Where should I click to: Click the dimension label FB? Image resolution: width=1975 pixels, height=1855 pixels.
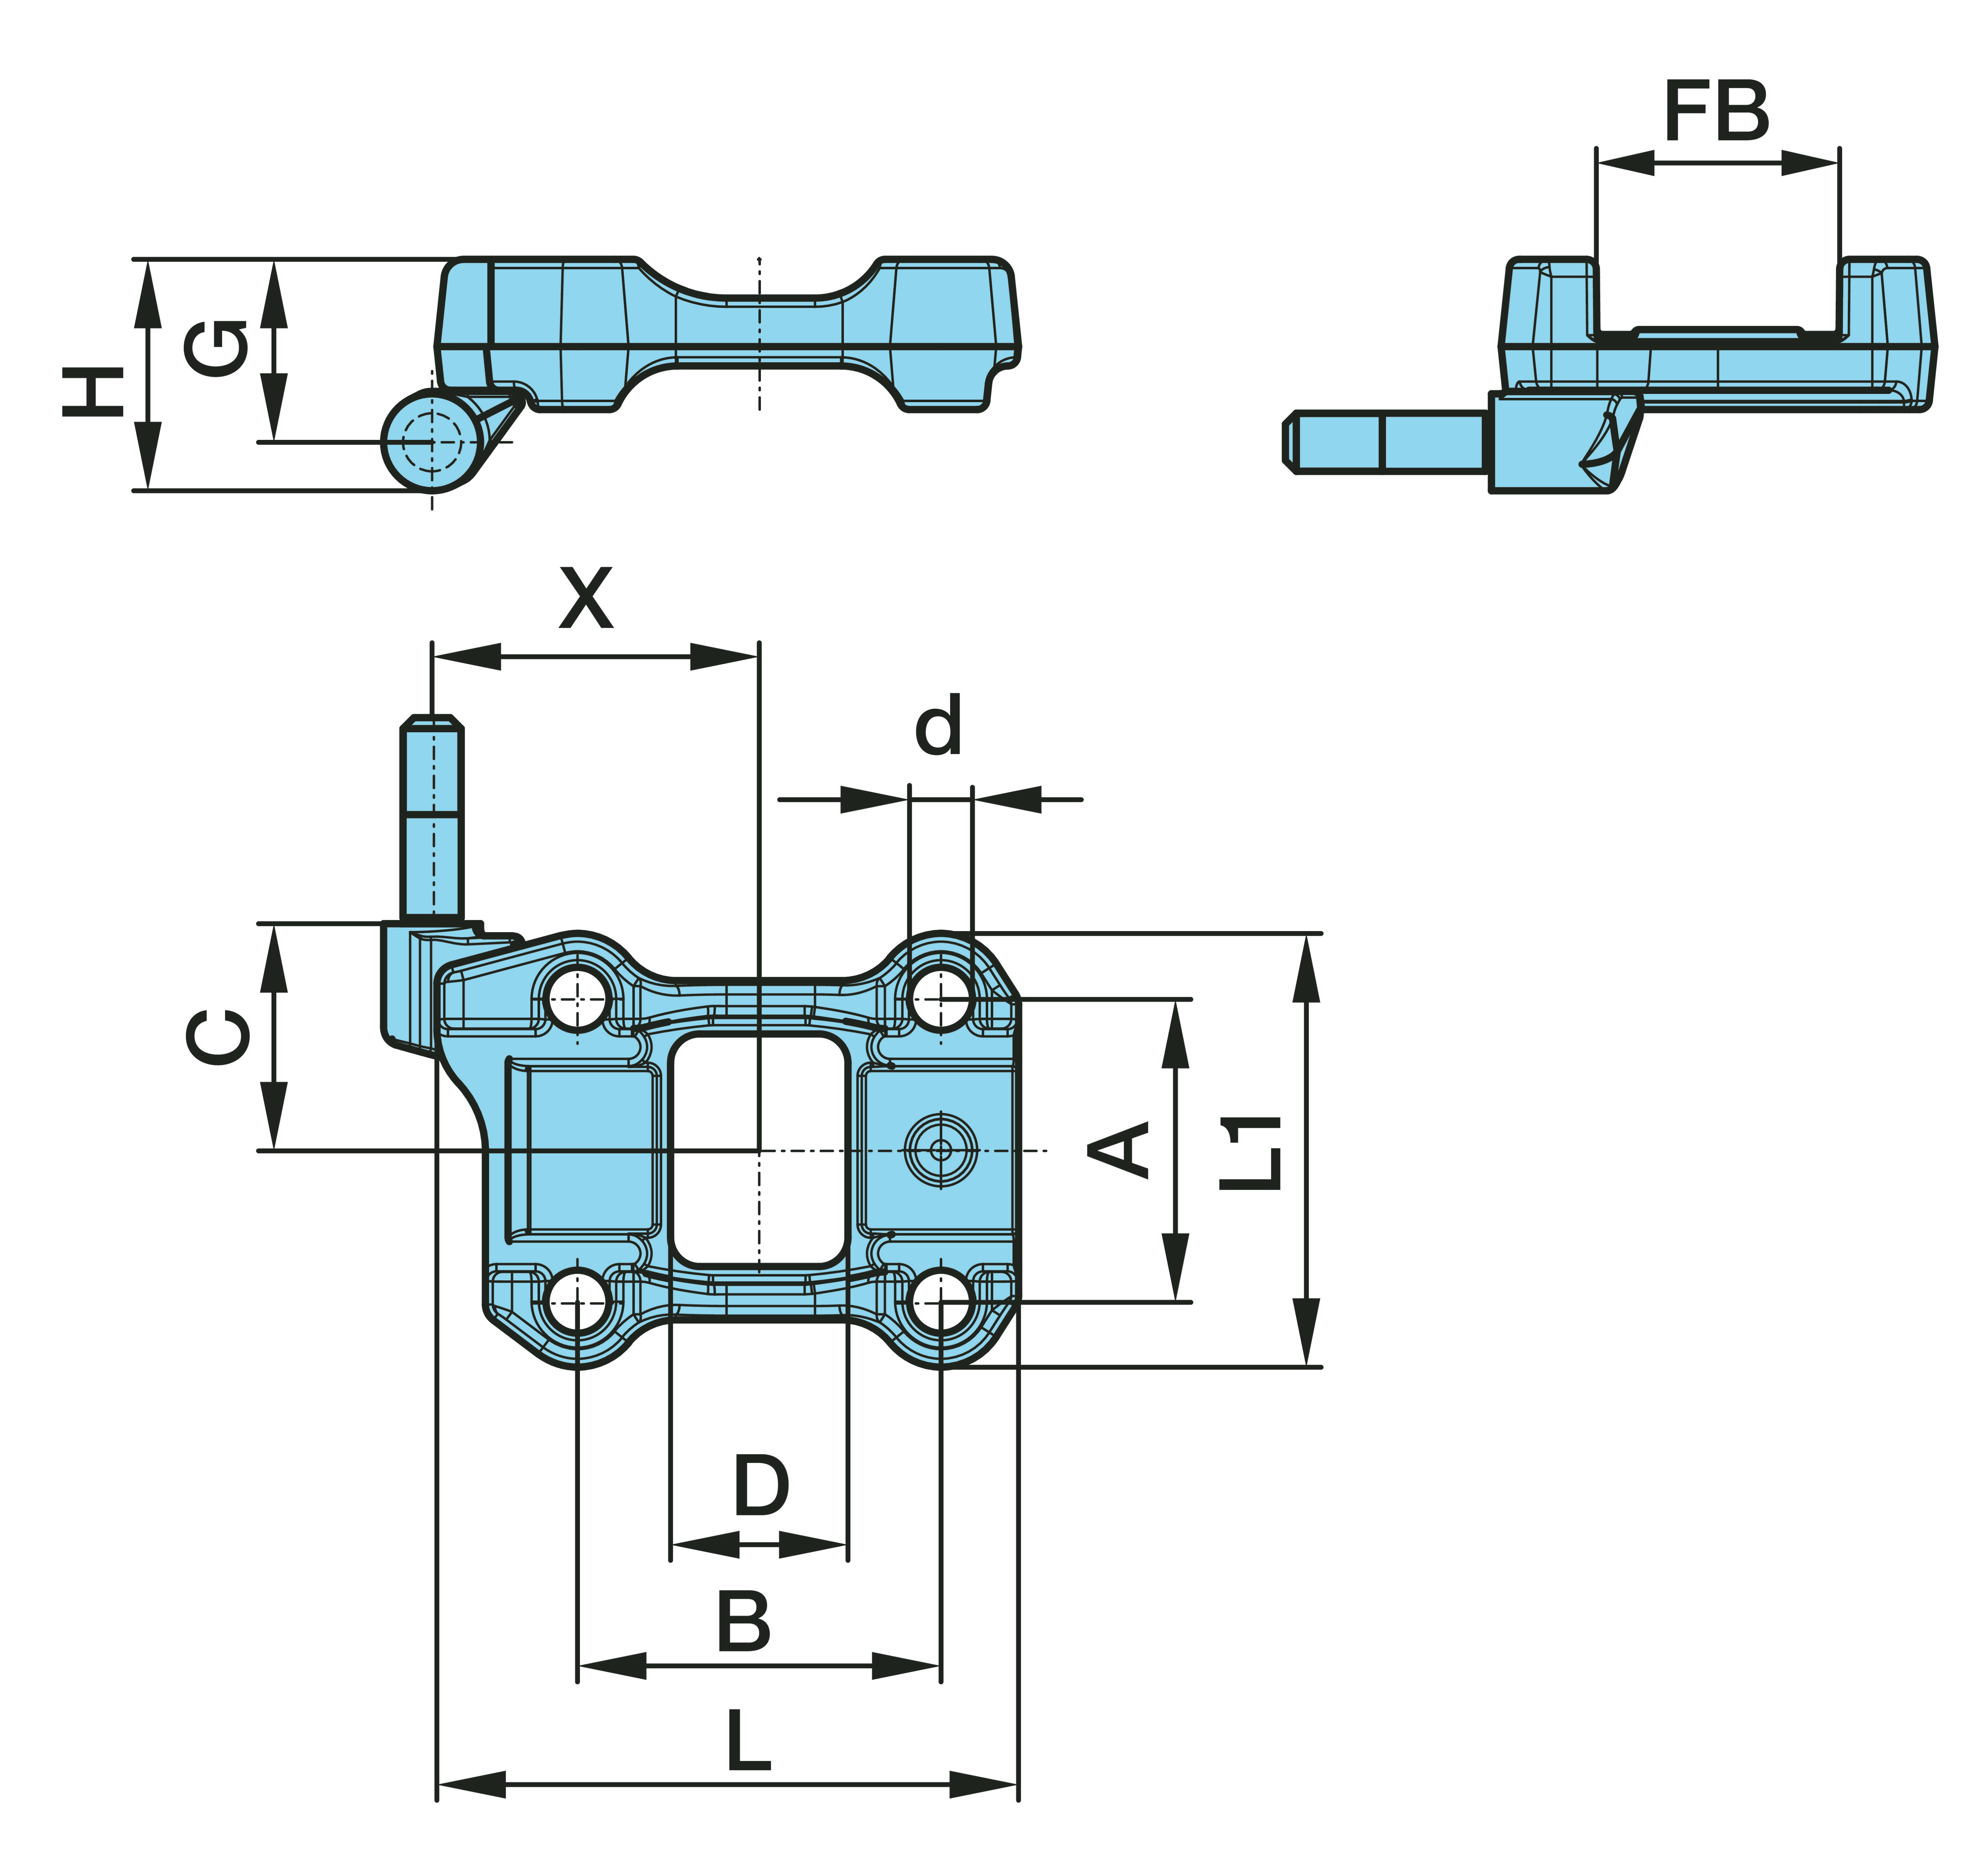click(x=1716, y=111)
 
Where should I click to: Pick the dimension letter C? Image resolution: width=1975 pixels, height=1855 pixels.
click(x=218, y=1036)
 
